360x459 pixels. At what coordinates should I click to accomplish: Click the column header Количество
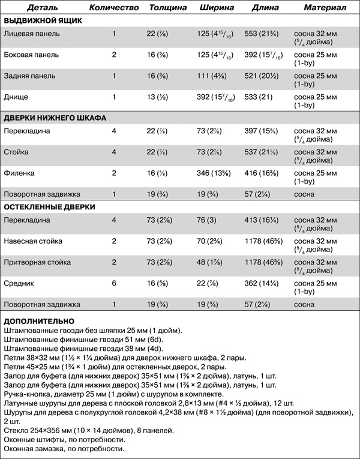tap(114, 9)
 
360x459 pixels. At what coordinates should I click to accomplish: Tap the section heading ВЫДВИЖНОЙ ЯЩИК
tap(43, 20)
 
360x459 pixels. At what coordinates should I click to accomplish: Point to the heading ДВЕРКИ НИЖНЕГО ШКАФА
tap(55, 118)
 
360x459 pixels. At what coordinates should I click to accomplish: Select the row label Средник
tap(20, 283)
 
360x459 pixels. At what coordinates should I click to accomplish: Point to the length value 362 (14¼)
tap(262, 283)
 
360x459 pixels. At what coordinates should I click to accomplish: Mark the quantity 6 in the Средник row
tap(114, 283)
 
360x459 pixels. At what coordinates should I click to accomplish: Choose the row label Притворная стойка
tap(38, 262)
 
